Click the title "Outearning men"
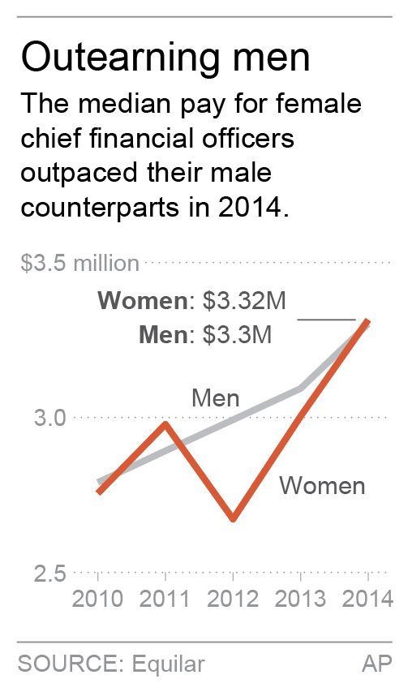[x=165, y=58]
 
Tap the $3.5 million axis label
[x=79, y=264]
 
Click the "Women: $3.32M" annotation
[x=191, y=302]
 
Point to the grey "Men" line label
[x=215, y=398]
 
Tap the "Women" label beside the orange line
[x=322, y=486]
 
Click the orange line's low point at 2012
[x=234, y=519]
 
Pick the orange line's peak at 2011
[x=165, y=423]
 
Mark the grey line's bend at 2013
[x=301, y=389]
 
